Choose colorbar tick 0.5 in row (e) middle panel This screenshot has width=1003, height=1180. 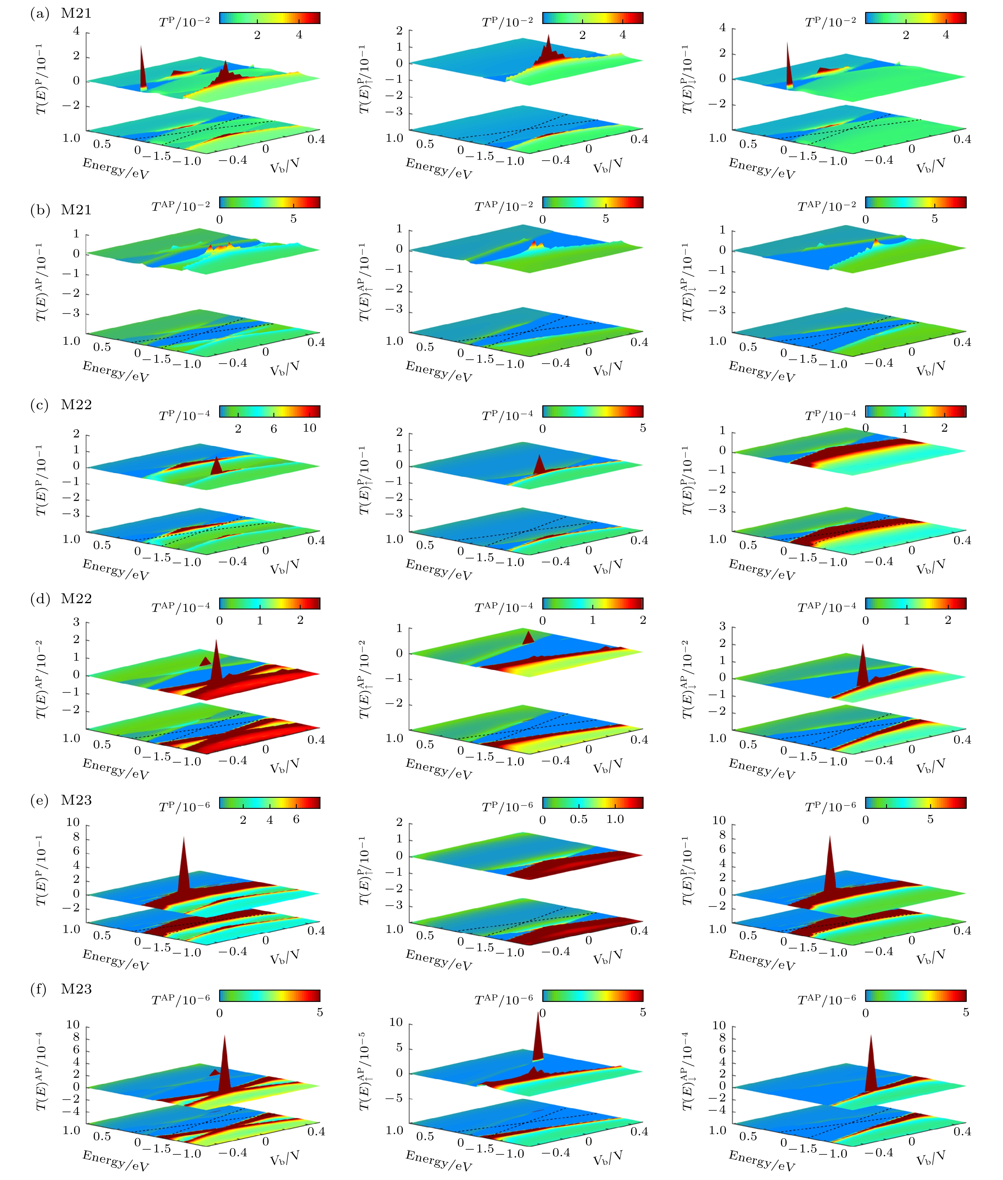pos(579,819)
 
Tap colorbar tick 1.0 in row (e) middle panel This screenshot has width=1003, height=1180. pos(615,819)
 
